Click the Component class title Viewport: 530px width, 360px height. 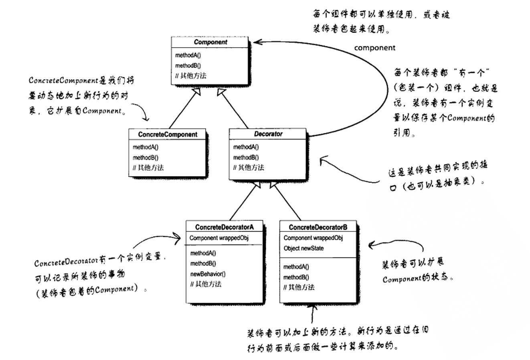point(210,42)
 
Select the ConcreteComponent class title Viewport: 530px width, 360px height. point(168,134)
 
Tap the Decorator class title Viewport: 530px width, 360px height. point(268,134)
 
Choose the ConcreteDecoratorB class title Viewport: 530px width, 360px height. point(318,227)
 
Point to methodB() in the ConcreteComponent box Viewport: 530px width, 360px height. point(146,158)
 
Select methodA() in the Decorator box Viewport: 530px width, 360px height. point(246,147)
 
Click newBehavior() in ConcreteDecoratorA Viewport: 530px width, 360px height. point(208,274)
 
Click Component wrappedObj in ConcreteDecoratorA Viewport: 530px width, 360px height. point(219,238)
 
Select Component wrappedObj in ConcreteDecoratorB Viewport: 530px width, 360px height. point(313,238)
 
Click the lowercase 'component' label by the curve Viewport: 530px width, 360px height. point(374,48)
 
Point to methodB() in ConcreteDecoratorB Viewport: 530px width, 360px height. point(296,277)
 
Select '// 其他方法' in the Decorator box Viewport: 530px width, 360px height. point(249,168)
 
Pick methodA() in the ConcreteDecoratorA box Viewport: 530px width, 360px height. point(203,253)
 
